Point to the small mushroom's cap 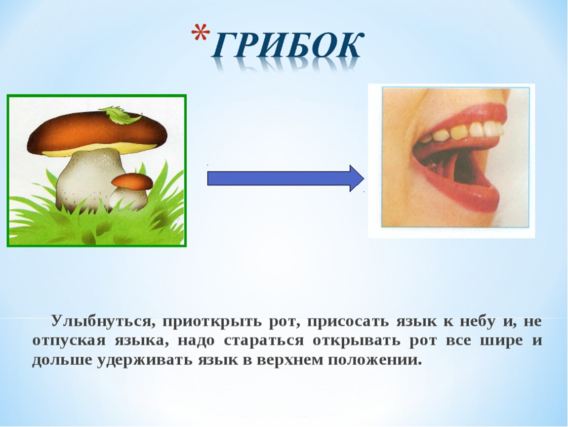[132, 181]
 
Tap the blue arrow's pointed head [356, 178]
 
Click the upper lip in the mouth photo [459, 117]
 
